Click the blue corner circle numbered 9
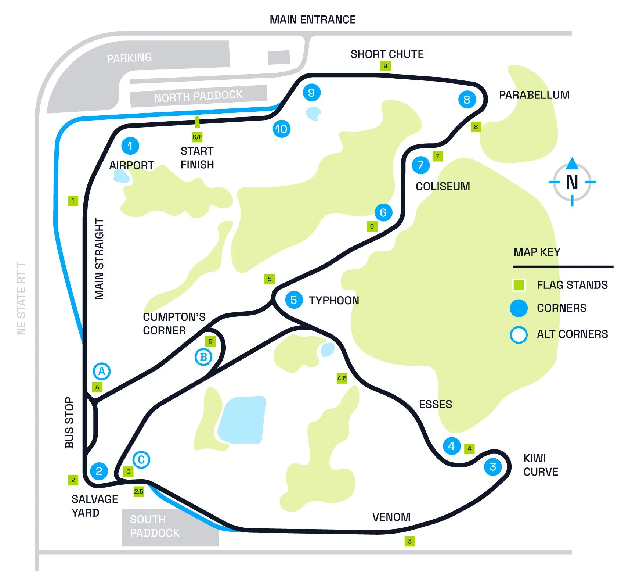[x=311, y=93]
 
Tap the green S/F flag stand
[x=197, y=137]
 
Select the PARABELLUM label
[x=534, y=95]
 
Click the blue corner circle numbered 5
[x=294, y=300]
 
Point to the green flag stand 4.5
[x=342, y=378]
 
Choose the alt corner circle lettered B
[x=203, y=357]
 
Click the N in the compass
[x=572, y=182]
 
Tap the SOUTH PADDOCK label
[x=155, y=526]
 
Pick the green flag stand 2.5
[x=138, y=491]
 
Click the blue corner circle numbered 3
[x=493, y=467]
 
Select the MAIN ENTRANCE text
[x=313, y=19]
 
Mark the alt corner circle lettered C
[x=141, y=460]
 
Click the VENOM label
[x=391, y=517]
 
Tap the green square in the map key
[x=519, y=285]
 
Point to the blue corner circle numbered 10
[x=282, y=129]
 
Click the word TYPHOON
[x=334, y=301]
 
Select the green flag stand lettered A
[x=97, y=387]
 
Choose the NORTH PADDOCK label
[x=198, y=96]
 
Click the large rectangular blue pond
[x=242, y=420]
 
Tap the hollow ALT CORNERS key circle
[x=519, y=334]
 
